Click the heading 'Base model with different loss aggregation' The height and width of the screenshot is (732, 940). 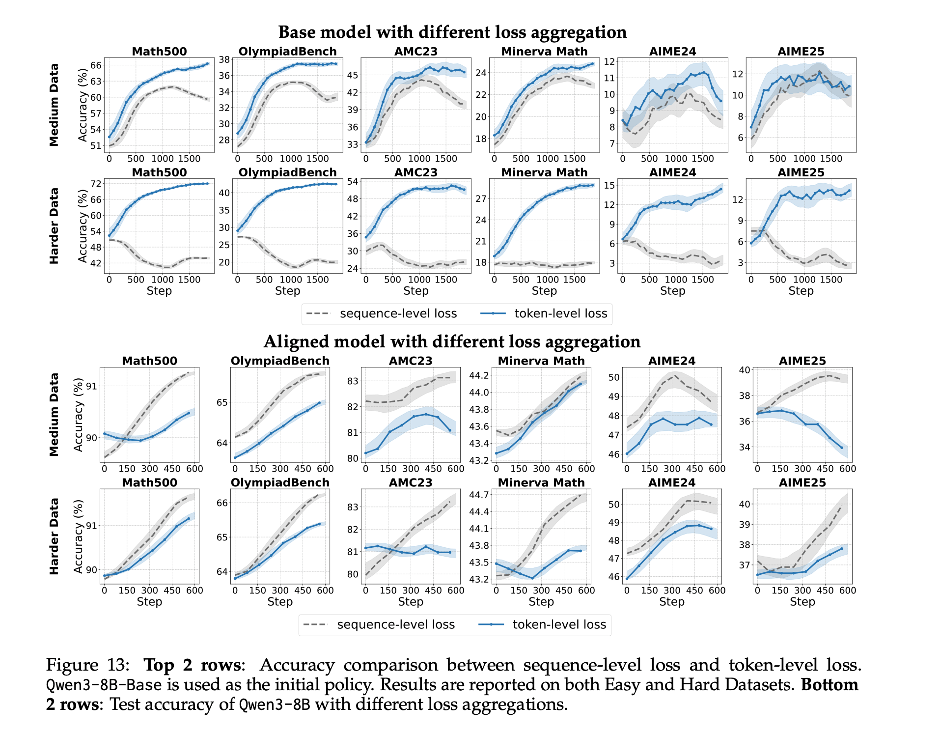[x=452, y=32]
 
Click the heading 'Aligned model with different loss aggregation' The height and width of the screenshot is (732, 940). [x=452, y=342]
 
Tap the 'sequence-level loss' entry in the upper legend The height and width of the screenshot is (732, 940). [x=398, y=314]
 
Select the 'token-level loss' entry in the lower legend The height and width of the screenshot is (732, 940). [x=559, y=625]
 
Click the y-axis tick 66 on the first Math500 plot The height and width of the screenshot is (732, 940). [x=96, y=65]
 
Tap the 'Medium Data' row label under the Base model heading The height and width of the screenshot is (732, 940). [x=54, y=105]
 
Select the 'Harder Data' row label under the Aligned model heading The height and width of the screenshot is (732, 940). [x=54, y=536]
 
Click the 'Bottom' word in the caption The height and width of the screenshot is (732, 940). [x=829, y=685]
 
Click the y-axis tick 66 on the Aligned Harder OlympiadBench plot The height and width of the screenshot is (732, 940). [x=222, y=503]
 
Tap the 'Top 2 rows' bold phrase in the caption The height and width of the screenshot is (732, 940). [x=192, y=665]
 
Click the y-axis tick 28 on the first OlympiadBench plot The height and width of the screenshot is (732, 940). [x=224, y=141]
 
